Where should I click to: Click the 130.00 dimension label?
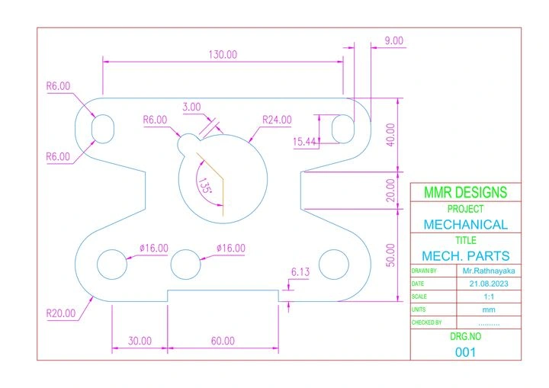point(223,55)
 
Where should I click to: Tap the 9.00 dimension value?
point(394,40)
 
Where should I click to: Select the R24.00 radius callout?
point(277,120)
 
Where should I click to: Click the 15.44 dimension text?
point(304,142)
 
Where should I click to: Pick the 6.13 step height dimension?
point(300,271)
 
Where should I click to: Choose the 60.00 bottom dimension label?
point(223,341)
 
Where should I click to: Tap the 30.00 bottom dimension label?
point(140,341)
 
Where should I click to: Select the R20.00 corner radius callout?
point(61,313)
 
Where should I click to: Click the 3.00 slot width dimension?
point(191,107)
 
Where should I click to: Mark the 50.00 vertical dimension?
point(390,255)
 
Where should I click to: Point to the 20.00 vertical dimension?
point(390,190)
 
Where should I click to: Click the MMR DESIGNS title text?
point(465,192)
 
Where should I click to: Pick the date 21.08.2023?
point(489,284)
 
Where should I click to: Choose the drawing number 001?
point(465,352)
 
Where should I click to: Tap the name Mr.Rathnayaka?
point(489,271)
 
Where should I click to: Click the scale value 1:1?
point(489,297)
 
